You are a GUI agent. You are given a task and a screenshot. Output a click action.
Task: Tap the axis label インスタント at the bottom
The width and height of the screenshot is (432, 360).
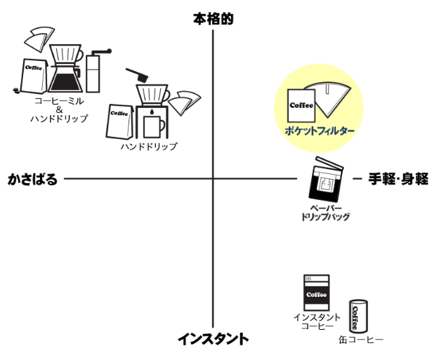(213, 340)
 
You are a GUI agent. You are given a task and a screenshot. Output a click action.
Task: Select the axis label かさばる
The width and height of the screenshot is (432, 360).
(32, 179)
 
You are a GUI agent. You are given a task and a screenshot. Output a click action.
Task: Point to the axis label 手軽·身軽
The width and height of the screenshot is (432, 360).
(398, 179)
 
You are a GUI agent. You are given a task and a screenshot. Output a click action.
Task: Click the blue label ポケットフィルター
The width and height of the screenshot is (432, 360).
(320, 131)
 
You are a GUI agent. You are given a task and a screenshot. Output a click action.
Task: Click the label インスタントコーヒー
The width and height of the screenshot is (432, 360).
(317, 322)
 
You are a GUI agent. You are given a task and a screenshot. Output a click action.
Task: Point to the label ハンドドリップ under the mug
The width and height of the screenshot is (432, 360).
(148, 147)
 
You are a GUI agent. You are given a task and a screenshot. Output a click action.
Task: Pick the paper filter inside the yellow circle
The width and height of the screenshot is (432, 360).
(334, 100)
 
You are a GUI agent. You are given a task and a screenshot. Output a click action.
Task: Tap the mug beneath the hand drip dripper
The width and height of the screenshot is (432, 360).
(155, 126)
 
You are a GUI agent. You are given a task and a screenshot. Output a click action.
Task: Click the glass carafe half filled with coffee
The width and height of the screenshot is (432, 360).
(67, 76)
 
